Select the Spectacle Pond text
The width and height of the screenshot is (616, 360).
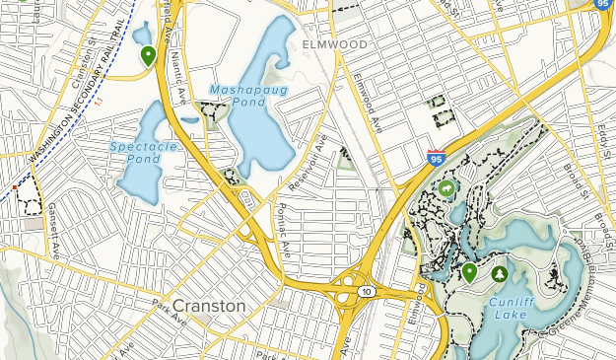point(135,151)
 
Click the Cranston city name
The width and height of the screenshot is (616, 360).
point(210,306)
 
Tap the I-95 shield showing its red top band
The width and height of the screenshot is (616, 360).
point(436,156)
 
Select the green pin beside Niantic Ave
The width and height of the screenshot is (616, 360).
point(148,55)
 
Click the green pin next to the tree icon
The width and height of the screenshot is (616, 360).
point(469,272)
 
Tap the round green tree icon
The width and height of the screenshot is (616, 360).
point(499,273)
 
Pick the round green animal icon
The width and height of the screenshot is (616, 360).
point(447,187)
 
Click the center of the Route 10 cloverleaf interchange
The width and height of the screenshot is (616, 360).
point(348,290)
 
